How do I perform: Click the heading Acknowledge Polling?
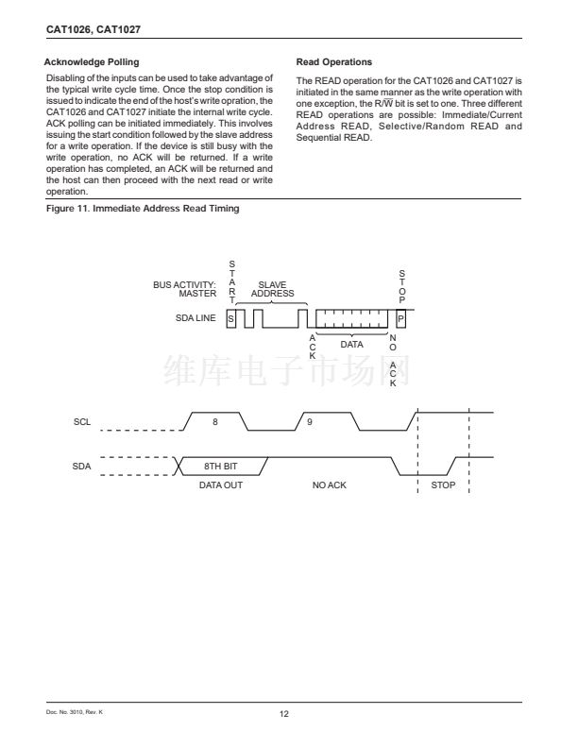tap(92, 62)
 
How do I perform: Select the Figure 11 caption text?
tap(143, 209)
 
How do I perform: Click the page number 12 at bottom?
tap(283, 712)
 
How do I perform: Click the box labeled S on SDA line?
tap(230, 319)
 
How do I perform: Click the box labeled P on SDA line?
tap(401, 319)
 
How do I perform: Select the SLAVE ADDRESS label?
tap(272, 289)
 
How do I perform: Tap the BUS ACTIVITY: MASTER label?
tap(184, 289)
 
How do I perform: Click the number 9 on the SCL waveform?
tap(310, 421)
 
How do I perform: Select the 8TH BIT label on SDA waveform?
tap(220, 466)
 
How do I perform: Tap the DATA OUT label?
tap(221, 485)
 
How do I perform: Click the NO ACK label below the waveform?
tap(330, 485)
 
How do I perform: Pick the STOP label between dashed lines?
tap(443, 485)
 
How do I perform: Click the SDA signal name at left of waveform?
tap(81, 466)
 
